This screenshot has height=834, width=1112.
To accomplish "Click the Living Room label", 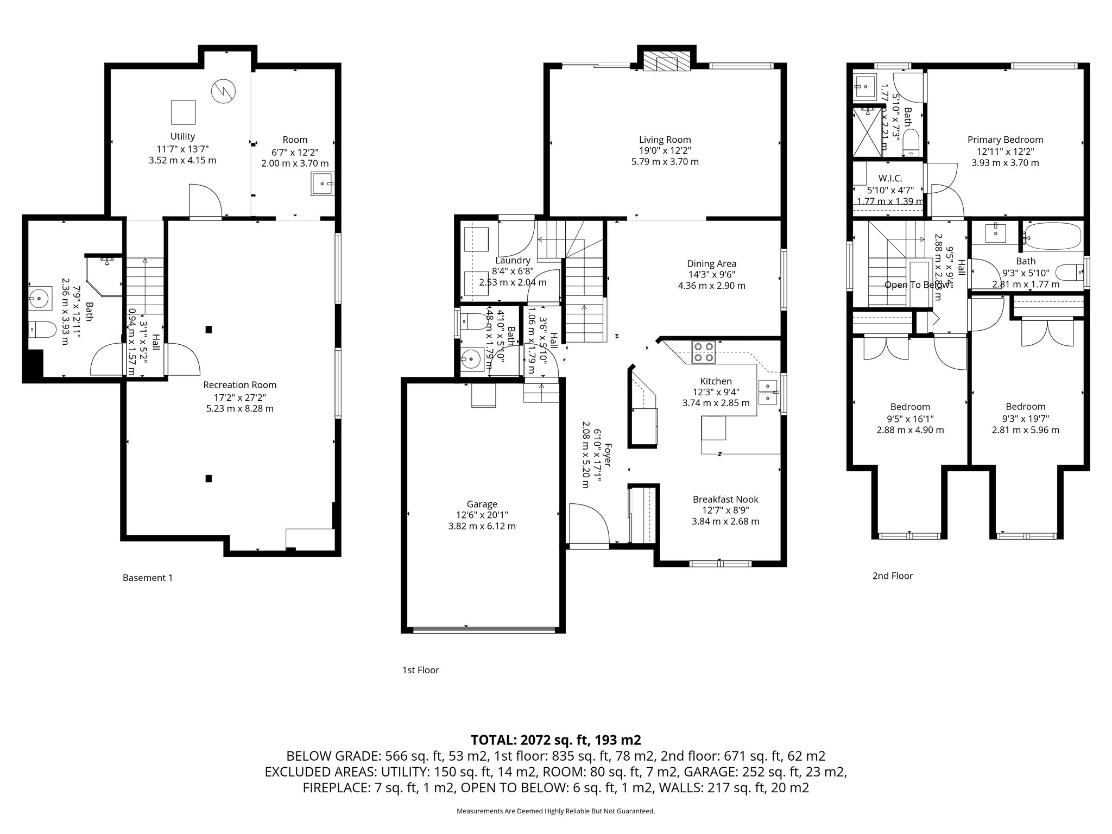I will (x=665, y=140).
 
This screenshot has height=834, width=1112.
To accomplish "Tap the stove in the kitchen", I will (x=704, y=352).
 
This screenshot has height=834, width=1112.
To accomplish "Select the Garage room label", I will (x=482, y=504).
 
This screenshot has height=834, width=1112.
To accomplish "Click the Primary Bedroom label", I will (x=1005, y=140).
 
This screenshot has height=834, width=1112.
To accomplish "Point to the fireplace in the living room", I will (x=667, y=63).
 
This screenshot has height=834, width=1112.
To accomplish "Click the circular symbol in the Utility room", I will (x=224, y=91).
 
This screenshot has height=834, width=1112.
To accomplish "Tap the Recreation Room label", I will (x=239, y=385).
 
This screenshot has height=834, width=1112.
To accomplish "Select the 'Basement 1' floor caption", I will (x=148, y=578).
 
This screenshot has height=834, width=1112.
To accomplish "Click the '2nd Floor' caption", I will (x=893, y=576).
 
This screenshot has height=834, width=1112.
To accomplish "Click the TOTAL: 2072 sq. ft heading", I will (x=555, y=740).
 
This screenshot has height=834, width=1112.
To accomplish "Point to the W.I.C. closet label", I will (x=890, y=178).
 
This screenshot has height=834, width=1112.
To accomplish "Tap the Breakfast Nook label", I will (x=725, y=499).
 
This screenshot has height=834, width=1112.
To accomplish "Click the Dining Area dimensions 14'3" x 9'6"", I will (x=711, y=275).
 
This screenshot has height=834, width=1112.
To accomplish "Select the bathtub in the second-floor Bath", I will (x=1053, y=236).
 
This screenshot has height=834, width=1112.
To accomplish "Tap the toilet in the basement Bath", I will (x=42, y=329).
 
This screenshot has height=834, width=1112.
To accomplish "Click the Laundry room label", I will (x=513, y=261).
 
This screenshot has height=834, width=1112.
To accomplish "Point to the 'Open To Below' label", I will (x=917, y=285).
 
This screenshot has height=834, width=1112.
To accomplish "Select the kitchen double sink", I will (x=769, y=392).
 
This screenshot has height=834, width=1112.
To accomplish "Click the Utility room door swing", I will (x=205, y=200).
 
